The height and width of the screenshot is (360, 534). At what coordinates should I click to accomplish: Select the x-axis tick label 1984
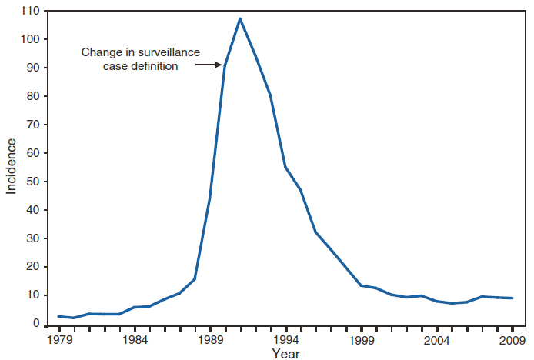click(x=134, y=338)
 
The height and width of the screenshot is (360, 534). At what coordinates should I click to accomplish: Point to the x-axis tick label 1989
click(x=209, y=338)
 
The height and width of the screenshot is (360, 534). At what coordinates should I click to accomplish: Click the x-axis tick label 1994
click(x=285, y=338)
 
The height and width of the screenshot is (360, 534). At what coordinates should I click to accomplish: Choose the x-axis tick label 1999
click(x=361, y=338)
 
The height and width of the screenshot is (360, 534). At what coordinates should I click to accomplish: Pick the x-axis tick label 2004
click(x=436, y=338)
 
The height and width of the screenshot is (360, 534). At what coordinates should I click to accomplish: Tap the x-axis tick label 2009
click(x=512, y=338)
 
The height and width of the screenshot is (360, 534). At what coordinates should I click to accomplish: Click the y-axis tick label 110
click(x=33, y=11)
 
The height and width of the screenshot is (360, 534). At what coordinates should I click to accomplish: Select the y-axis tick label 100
click(x=33, y=39)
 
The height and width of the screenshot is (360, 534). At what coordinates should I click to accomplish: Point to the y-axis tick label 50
click(x=35, y=182)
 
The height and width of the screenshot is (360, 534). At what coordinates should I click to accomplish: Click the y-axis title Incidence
click(x=12, y=166)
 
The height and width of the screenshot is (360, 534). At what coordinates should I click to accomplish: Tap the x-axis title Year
click(x=285, y=353)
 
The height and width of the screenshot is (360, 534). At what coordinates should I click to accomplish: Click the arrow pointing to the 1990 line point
click(x=208, y=65)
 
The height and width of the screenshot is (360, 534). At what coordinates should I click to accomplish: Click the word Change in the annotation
click(x=100, y=52)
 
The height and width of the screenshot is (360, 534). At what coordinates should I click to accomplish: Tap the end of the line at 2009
click(x=512, y=298)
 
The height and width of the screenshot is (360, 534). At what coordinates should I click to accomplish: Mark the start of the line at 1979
click(x=58, y=316)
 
